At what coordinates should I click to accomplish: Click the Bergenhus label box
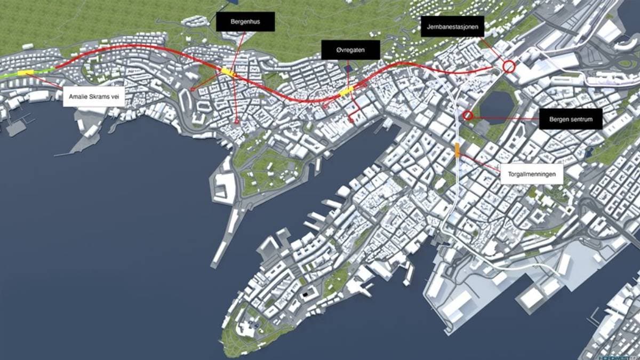click(245, 22)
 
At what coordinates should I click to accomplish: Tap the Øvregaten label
click(350, 50)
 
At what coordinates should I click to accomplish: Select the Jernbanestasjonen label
click(452, 26)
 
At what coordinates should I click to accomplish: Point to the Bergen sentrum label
click(571, 119)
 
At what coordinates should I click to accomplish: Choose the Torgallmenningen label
click(532, 174)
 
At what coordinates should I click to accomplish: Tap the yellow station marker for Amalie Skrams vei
click(25, 73)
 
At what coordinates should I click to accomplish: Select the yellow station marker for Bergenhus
click(228, 72)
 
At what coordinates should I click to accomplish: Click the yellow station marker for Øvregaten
click(347, 92)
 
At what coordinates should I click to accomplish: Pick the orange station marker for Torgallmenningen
click(458, 150)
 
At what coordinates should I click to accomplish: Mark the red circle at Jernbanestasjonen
click(509, 67)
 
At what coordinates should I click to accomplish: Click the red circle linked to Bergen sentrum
click(468, 115)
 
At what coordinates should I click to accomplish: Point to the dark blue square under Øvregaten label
click(348, 68)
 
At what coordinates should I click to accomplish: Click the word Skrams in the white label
click(97, 96)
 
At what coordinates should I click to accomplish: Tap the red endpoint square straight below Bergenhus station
click(237, 121)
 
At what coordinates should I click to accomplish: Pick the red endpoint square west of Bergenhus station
click(193, 89)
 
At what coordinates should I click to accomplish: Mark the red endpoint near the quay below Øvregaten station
click(351, 121)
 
